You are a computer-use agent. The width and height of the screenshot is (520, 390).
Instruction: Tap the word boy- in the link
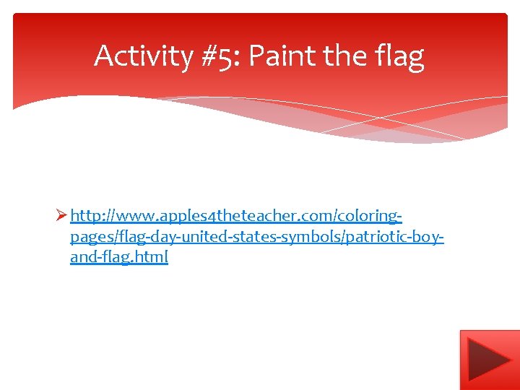(x=430, y=237)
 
